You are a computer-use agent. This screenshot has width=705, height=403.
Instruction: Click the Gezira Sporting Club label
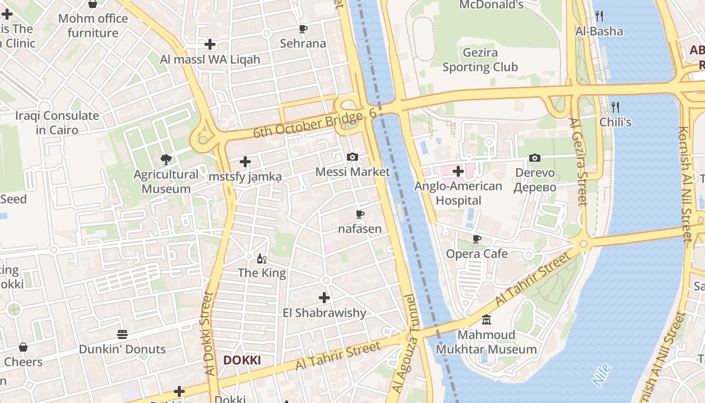(480, 59)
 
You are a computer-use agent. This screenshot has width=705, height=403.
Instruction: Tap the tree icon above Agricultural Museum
(166, 160)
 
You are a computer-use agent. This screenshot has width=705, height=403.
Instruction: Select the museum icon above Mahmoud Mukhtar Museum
(486, 320)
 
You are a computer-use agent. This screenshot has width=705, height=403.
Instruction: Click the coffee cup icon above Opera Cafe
(476, 239)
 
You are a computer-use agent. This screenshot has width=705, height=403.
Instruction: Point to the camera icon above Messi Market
(352, 157)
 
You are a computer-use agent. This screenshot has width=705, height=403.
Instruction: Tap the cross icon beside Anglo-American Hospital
(458, 171)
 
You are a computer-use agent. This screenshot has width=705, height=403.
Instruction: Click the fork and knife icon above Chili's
(615, 107)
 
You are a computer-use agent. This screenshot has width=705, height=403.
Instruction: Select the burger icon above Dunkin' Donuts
(122, 334)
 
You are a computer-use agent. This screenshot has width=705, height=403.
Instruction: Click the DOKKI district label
(242, 360)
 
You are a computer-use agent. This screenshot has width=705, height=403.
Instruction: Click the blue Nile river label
(602, 375)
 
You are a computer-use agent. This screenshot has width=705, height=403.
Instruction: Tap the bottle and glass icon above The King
(262, 259)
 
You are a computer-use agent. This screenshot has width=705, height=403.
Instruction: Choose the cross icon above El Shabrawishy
(324, 298)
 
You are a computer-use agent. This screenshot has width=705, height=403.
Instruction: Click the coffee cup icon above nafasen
(360, 215)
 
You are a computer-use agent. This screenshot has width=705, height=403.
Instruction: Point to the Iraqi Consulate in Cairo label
(57, 123)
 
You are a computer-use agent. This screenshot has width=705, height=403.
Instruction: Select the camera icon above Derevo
(535, 158)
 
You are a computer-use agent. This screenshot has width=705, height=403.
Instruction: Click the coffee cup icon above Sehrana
(303, 29)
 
